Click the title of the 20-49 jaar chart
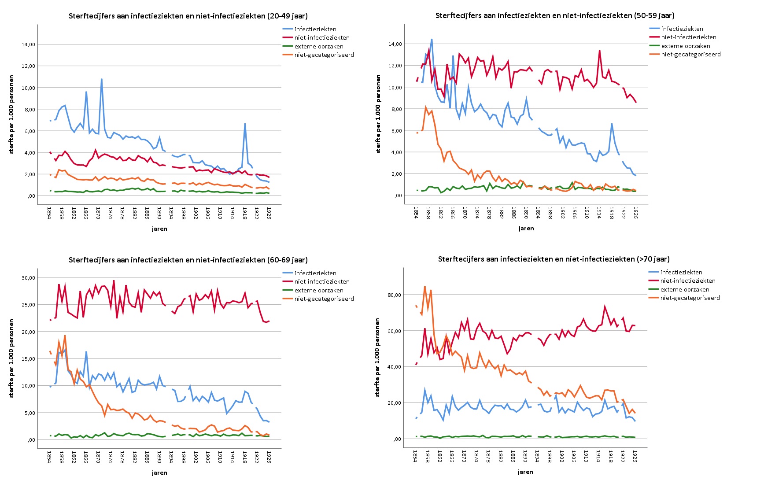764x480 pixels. click(188, 16)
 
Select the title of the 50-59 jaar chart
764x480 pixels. click(555, 15)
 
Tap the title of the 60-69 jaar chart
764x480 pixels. click(188, 260)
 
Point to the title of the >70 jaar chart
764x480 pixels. click(554, 259)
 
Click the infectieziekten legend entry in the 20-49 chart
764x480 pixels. click(315, 29)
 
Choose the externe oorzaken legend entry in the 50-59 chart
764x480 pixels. click(685, 46)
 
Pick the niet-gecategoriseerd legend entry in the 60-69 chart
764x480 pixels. click(324, 299)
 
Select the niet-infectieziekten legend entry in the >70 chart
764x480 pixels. click(688, 281)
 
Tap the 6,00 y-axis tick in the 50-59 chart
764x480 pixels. click(396, 131)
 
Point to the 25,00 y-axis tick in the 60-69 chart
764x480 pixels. click(28, 305)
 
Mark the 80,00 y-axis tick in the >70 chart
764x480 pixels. click(394, 295)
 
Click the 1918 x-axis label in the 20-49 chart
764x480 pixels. click(244, 214)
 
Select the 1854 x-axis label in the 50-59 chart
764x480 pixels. click(416, 213)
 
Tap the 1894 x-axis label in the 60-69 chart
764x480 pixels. click(171, 458)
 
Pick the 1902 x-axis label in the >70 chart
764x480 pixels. click(561, 456)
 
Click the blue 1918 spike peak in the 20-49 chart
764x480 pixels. click(245, 124)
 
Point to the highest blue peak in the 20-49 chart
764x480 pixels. click(102, 79)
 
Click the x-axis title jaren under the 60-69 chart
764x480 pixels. click(159, 473)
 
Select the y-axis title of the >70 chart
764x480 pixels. click(377, 358)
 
